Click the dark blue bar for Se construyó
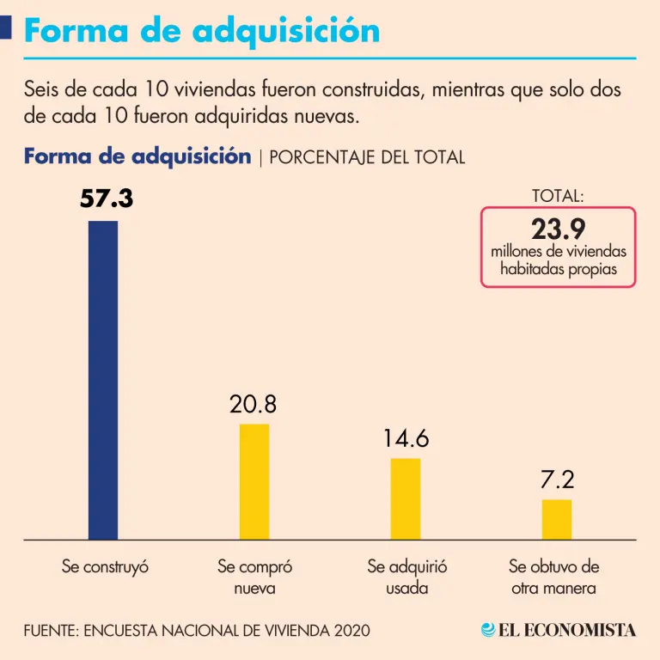tap(103, 380)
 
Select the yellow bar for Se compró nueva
tap(254, 481)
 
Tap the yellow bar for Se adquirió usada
tap(406, 498)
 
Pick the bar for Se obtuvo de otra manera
tap(557, 519)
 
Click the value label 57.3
tap(107, 199)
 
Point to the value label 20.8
tap(254, 404)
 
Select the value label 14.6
tap(406, 438)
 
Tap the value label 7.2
tap(557, 480)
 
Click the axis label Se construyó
tap(106, 567)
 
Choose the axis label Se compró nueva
tap(254, 577)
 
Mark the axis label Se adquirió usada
tap(406, 577)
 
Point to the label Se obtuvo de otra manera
tap(553, 577)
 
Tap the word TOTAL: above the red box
tap(558, 196)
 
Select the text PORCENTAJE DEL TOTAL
tap(367, 158)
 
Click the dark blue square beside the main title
tap(5, 29)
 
